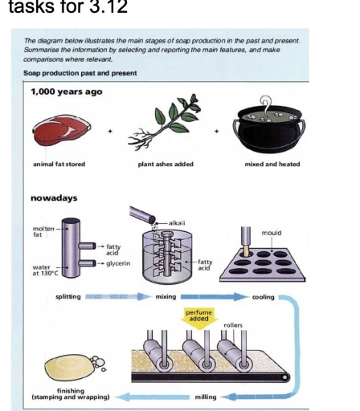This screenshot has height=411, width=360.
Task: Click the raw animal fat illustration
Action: [60, 128]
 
